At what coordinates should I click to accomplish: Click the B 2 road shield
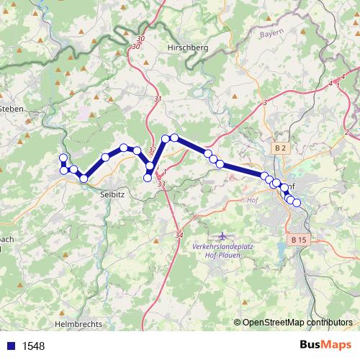pyautogui.click(x=280, y=148)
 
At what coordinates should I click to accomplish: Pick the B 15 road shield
pyautogui.click(x=300, y=239)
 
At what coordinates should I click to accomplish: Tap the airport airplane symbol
pyautogui.click(x=221, y=236)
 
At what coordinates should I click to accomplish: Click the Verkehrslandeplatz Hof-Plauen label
pyautogui.click(x=222, y=249)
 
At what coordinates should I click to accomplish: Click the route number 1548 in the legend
pyautogui.click(x=33, y=346)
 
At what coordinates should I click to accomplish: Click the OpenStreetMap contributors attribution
pyautogui.click(x=297, y=323)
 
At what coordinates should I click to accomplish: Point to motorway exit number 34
pyautogui.click(x=179, y=235)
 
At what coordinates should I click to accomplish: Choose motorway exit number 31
pyautogui.click(x=158, y=99)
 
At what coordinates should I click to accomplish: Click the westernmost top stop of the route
pyautogui.click(x=63, y=158)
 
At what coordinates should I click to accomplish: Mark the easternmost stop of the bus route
pyautogui.click(x=296, y=202)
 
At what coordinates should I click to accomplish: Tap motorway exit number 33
pyautogui.click(x=161, y=184)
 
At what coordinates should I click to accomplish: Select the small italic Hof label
pyautogui.click(x=253, y=201)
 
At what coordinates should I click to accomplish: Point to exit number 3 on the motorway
pyautogui.click(x=265, y=104)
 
